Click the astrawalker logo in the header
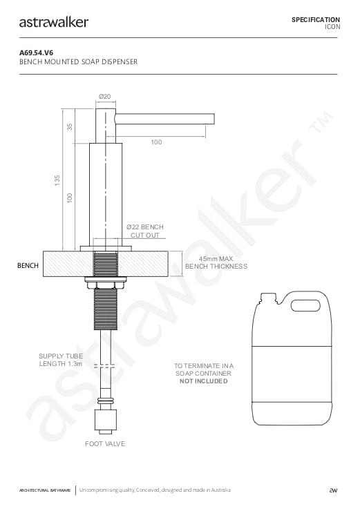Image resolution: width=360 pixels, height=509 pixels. (54, 22)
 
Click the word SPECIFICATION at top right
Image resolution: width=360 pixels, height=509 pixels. (316, 20)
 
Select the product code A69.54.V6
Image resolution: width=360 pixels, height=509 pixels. (37, 52)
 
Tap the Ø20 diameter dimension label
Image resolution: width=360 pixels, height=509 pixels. (104, 97)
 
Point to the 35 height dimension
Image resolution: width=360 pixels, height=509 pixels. (70, 126)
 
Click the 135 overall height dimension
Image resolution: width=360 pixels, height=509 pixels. (57, 180)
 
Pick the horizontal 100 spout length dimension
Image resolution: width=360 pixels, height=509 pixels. (156, 142)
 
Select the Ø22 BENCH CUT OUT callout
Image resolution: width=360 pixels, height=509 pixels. (145, 231)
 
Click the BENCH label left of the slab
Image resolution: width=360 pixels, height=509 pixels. (28, 265)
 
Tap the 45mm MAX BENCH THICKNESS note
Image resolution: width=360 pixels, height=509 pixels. (216, 262)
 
